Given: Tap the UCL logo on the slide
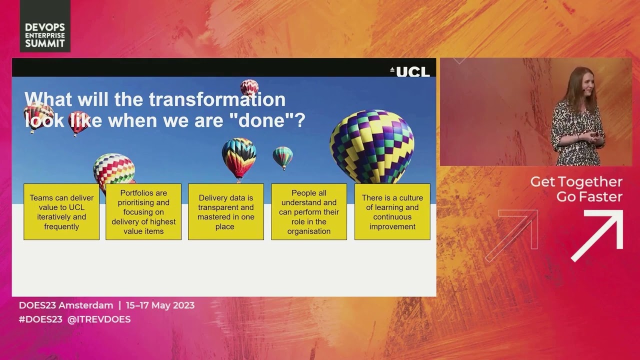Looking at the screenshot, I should pyautogui.click(x=409, y=71).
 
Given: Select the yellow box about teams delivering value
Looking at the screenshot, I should pyautogui.click(x=61, y=212).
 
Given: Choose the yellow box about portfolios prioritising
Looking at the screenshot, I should pyautogui.click(x=143, y=212).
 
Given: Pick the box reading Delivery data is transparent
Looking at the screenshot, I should pyautogui.click(x=226, y=212).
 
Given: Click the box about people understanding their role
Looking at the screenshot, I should pyautogui.click(x=309, y=212).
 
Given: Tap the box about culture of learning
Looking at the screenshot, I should pyautogui.click(x=392, y=212).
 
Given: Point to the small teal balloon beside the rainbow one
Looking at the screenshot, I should pyautogui.click(x=282, y=156).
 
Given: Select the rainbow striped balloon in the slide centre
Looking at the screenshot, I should pyautogui.click(x=239, y=156).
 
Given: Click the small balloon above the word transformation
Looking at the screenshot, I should pyautogui.click(x=249, y=87).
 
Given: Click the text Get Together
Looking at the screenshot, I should pyautogui.click(x=576, y=182).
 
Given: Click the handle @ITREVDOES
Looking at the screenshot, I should pyautogui.click(x=99, y=319).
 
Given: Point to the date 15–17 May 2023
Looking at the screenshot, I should pyautogui.click(x=160, y=305).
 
